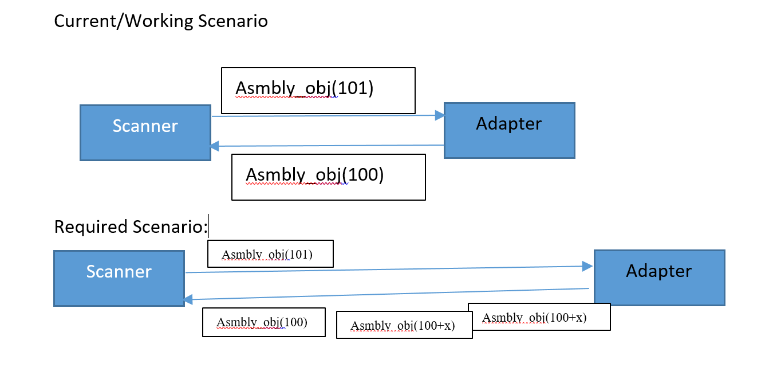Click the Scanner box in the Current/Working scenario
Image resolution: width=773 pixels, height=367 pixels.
coord(145,132)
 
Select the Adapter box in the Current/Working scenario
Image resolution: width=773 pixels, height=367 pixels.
coord(509,130)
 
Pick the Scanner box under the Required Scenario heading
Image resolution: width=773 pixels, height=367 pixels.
coord(119,278)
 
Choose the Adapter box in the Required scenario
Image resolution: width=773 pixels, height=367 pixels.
coord(659,278)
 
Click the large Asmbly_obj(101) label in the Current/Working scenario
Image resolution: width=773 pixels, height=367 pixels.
coord(304,89)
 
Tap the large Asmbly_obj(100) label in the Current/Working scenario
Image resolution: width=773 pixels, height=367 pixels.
coord(314,175)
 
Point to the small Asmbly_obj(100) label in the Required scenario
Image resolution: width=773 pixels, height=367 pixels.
coord(262,322)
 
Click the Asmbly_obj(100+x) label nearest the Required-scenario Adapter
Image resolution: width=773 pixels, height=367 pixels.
coord(535,318)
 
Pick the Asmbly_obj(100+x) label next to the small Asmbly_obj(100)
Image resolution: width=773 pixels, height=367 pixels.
coord(403,326)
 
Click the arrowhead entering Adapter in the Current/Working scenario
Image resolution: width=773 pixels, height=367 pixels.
coord(440,116)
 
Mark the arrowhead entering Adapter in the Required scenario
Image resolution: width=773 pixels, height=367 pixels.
coord(588,266)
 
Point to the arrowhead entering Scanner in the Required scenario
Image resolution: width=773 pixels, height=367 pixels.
coord(188,299)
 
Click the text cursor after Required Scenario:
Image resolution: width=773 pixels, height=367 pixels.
coord(209,227)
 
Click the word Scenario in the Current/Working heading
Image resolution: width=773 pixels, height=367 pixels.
coord(233,21)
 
